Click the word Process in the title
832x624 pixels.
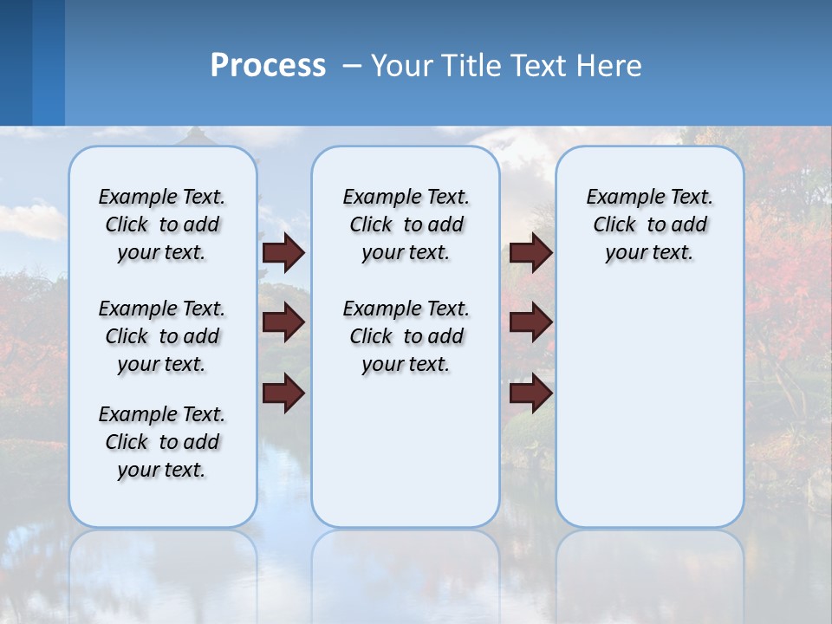click(x=268, y=66)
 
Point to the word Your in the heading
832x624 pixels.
click(x=402, y=66)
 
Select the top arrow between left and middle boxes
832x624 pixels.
click(x=283, y=253)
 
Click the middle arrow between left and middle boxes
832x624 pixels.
click(x=283, y=322)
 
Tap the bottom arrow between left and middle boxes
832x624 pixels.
click(x=283, y=393)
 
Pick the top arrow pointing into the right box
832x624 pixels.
click(x=531, y=253)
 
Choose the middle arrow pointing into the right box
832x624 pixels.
click(x=531, y=322)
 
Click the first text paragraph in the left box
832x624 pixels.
click(x=162, y=224)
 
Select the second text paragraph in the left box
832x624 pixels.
click(x=162, y=336)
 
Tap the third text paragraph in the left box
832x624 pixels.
click(x=162, y=442)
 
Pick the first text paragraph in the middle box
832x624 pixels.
click(x=406, y=224)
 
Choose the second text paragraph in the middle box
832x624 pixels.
click(x=406, y=336)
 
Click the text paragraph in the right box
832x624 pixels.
click(x=650, y=224)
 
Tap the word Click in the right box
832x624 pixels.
click(x=614, y=225)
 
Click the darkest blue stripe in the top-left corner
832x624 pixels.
click(x=16, y=62)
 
